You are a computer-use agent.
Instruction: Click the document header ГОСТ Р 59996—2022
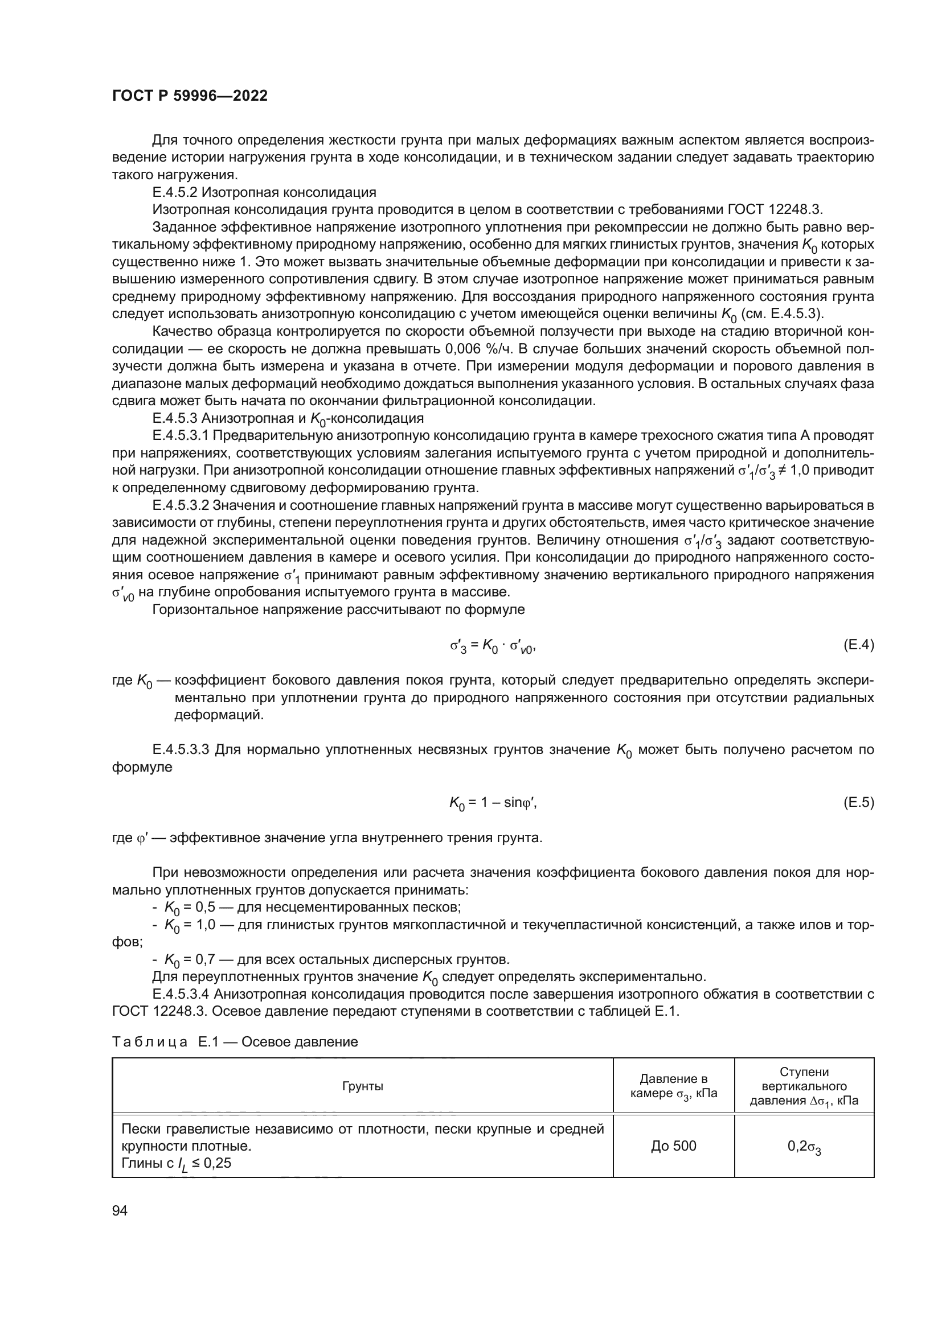click(190, 96)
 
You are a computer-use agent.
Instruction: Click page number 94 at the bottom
click(120, 1211)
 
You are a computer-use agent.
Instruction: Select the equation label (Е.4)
click(858, 645)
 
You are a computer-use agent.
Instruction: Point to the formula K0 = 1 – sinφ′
click(493, 803)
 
